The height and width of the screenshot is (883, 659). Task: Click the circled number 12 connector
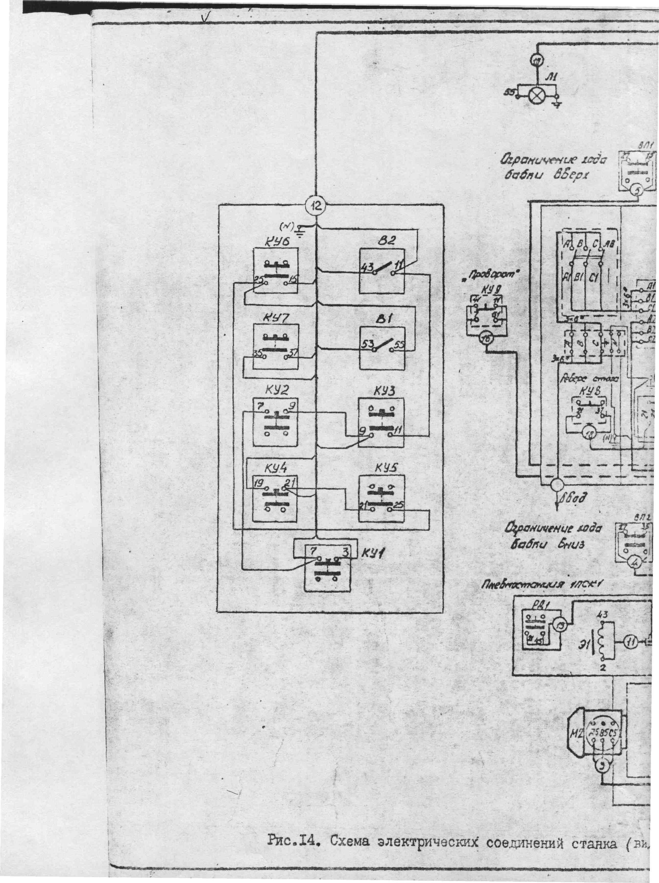click(x=316, y=206)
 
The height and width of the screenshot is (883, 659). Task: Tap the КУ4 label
click(x=274, y=467)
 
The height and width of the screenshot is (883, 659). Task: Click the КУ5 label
click(x=385, y=467)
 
